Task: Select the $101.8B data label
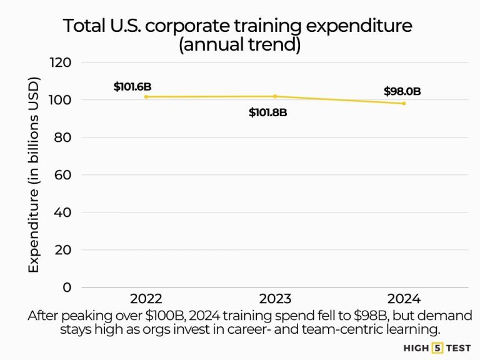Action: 268,113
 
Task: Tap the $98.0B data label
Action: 402,91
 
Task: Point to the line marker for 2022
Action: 146,97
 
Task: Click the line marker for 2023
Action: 275,96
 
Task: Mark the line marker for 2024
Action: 404,103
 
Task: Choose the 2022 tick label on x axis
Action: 146,299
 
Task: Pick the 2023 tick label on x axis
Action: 275,299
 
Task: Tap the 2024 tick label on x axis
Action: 404,299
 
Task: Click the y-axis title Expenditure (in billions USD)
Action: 34,175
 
